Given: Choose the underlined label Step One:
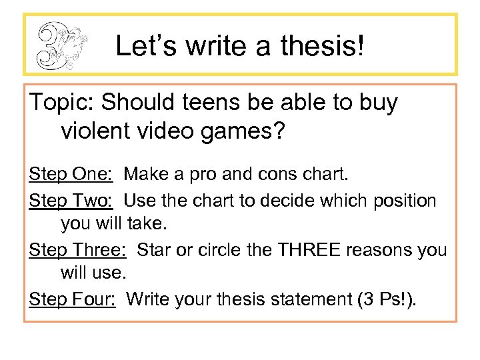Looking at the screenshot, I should tap(71, 175).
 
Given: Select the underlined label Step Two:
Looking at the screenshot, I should tap(71, 200).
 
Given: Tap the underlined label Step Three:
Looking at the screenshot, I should tap(78, 249).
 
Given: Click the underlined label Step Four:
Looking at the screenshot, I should tap(73, 299).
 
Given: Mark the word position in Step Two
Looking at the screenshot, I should tap(411, 200).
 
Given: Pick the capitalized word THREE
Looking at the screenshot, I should tap(311, 249).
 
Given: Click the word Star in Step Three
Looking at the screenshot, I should tap(154, 249).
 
